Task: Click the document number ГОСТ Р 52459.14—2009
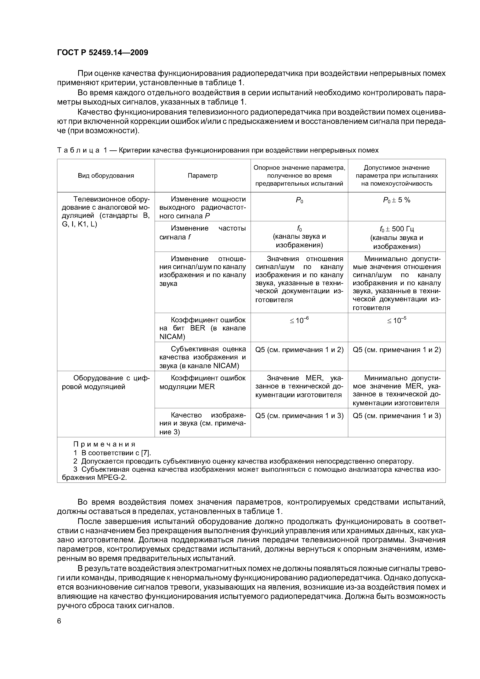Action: [x=102, y=53]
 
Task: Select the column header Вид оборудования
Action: [x=106, y=176]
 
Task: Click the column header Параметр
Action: [x=203, y=176]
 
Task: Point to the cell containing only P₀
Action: [x=299, y=201]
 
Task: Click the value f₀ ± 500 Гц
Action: [x=397, y=229]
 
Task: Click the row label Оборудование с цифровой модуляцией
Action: [x=106, y=382]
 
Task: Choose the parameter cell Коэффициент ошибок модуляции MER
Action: [x=203, y=382]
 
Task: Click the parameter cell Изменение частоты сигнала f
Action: [x=203, y=233]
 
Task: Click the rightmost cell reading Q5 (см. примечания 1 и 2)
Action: [x=397, y=350]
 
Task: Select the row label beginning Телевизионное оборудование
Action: [x=106, y=211]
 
